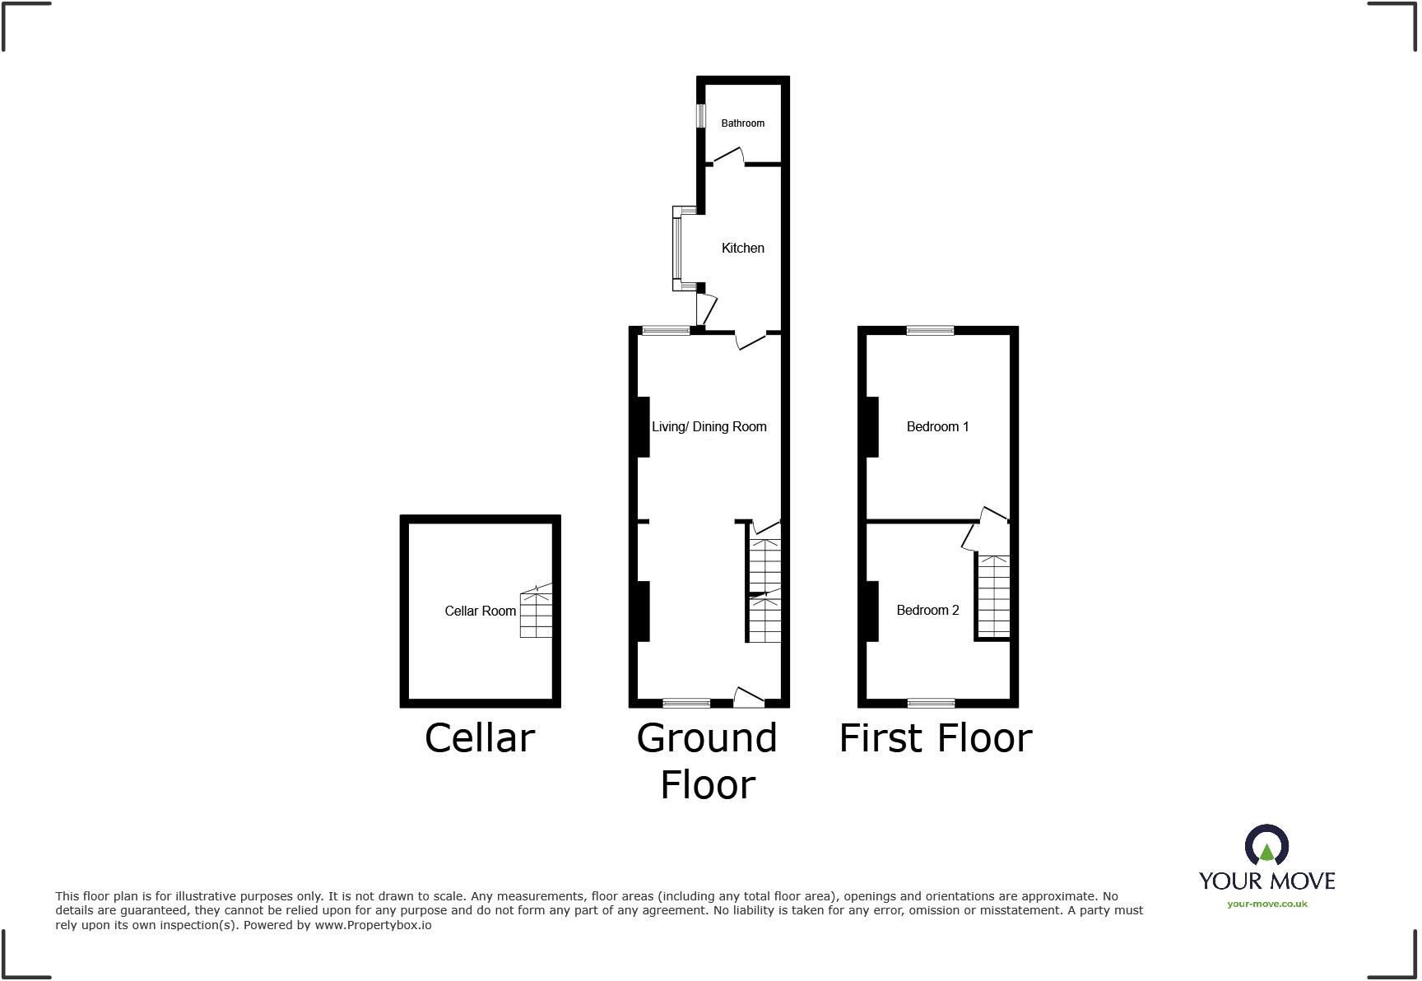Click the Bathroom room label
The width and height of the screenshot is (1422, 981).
click(742, 123)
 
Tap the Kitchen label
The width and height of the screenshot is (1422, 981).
click(742, 248)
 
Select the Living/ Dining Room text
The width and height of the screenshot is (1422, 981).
click(709, 426)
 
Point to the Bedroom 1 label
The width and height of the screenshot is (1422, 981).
click(937, 426)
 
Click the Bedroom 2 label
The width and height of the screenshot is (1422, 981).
click(927, 610)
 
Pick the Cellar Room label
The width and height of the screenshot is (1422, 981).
click(480, 611)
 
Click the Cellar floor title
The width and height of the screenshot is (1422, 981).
click(480, 737)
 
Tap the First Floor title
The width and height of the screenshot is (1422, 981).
click(935, 737)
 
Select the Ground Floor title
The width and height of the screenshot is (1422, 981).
click(707, 760)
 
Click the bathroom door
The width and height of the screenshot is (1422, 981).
click(728, 156)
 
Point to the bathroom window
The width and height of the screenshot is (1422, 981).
click(701, 115)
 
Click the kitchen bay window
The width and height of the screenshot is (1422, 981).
click(676, 249)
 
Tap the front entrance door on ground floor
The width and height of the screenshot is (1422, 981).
click(748, 698)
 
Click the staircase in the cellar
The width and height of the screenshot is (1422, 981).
click(536, 614)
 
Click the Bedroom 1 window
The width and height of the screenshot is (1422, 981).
click(930, 331)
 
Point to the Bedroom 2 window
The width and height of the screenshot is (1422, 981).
click(931, 703)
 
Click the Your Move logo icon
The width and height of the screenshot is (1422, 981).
click(1266, 847)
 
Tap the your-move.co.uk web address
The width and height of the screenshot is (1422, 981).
click(1266, 904)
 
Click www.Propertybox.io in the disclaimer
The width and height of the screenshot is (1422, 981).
click(373, 925)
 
